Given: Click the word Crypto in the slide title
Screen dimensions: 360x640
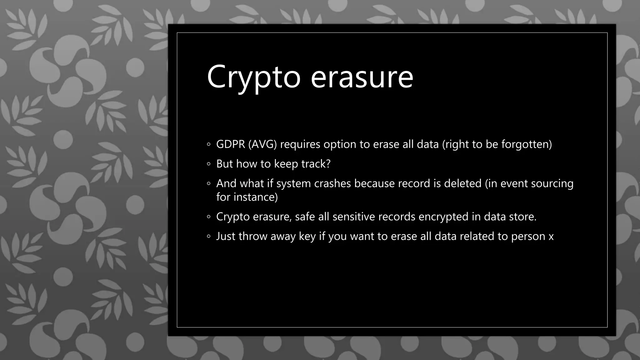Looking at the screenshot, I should click(253, 77).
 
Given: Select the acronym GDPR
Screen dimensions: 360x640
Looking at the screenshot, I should click(231, 144).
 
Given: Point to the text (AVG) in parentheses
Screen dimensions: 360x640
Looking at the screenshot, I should click(262, 144).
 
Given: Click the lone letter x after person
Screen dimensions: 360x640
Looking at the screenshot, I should click(551, 237).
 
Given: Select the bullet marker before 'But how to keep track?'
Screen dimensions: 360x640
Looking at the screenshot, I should click(209, 164).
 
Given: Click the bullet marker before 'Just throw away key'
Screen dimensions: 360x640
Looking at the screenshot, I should click(209, 237).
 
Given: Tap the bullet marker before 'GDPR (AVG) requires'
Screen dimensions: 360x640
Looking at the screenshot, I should click(209, 145).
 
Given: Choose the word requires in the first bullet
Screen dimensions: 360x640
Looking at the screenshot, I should click(300, 145).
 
